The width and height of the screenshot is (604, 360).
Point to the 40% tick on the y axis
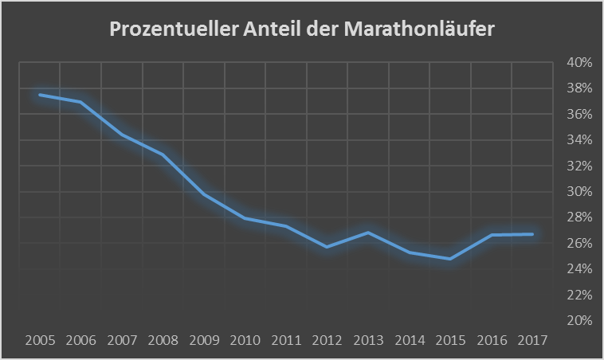[x=580, y=63]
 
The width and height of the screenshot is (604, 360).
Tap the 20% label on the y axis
[x=580, y=321]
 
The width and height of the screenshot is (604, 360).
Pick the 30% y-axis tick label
[x=580, y=192]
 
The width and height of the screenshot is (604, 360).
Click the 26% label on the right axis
[x=580, y=244]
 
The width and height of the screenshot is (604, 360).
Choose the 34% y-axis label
[x=580, y=140]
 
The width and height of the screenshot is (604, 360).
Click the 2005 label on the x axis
[x=40, y=340]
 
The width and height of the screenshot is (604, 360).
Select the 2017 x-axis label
[x=532, y=340]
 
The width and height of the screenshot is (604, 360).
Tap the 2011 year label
[x=286, y=340]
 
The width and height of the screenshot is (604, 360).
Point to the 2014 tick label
[x=410, y=340]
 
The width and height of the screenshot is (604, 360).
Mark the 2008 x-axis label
[x=163, y=340]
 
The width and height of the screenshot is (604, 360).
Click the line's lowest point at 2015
[x=450, y=259]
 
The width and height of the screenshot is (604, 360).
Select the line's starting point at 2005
[x=40, y=95]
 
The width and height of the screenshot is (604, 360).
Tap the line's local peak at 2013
[x=368, y=233]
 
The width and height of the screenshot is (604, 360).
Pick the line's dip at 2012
[x=327, y=247]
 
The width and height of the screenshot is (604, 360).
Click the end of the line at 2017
[x=532, y=234]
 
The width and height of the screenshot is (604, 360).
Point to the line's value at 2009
[x=204, y=194]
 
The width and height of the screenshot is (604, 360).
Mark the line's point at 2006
[x=80, y=102]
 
